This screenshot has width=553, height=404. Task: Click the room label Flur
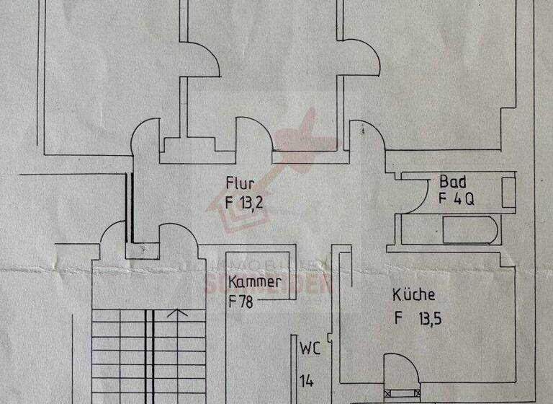click(x=238, y=184)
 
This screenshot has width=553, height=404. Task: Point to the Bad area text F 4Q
click(x=456, y=200)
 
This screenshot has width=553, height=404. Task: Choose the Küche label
click(x=414, y=295)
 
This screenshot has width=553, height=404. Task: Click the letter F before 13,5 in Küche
click(x=397, y=317)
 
